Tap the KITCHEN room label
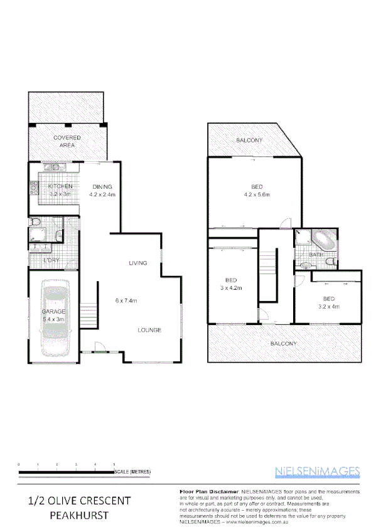point(60,186)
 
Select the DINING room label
point(102,186)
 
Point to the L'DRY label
point(51,260)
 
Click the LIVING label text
point(138,263)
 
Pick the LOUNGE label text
point(150,330)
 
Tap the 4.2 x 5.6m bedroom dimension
point(257,194)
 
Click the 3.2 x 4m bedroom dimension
point(329,307)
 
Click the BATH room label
point(316,254)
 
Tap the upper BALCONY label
point(249,140)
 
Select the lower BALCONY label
point(284,344)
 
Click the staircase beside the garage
point(91,312)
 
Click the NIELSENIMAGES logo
point(317,471)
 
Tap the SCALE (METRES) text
point(132,471)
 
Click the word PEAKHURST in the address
point(79,515)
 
